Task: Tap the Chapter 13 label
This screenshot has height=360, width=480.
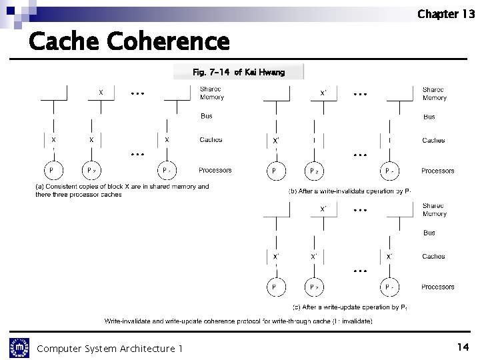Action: [x=445, y=14]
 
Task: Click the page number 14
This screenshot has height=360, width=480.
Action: [x=463, y=347]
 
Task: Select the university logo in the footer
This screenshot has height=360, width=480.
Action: [x=19, y=347]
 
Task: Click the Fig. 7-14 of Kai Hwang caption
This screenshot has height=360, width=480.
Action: [x=238, y=72]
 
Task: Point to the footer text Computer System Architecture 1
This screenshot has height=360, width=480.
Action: [x=109, y=348]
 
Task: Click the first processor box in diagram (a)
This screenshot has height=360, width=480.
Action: [x=51, y=170]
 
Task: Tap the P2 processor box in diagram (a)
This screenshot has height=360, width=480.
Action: [x=91, y=170]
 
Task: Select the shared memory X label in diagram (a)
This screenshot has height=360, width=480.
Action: [x=101, y=93]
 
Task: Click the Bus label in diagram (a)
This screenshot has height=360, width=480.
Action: [x=207, y=116]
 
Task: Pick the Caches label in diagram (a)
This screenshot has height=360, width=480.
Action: [x=211, y=140]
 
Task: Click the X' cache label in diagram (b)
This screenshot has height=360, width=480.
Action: [x=275, y=141]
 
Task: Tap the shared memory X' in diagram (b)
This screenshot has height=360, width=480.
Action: [x=323, y=93]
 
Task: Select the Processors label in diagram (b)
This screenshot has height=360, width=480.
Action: [x=437, y=171]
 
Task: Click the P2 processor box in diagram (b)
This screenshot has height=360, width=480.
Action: [x=314, y=171]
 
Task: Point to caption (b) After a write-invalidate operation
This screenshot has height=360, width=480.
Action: [x=349, y=191]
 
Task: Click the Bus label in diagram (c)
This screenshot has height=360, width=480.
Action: [x=429, y=233]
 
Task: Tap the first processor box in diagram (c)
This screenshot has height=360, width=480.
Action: [x=274, y=287]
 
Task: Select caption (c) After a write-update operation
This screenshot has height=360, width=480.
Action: [x=349, y=307]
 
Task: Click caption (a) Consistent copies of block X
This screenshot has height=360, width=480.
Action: [x=122, y=190]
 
